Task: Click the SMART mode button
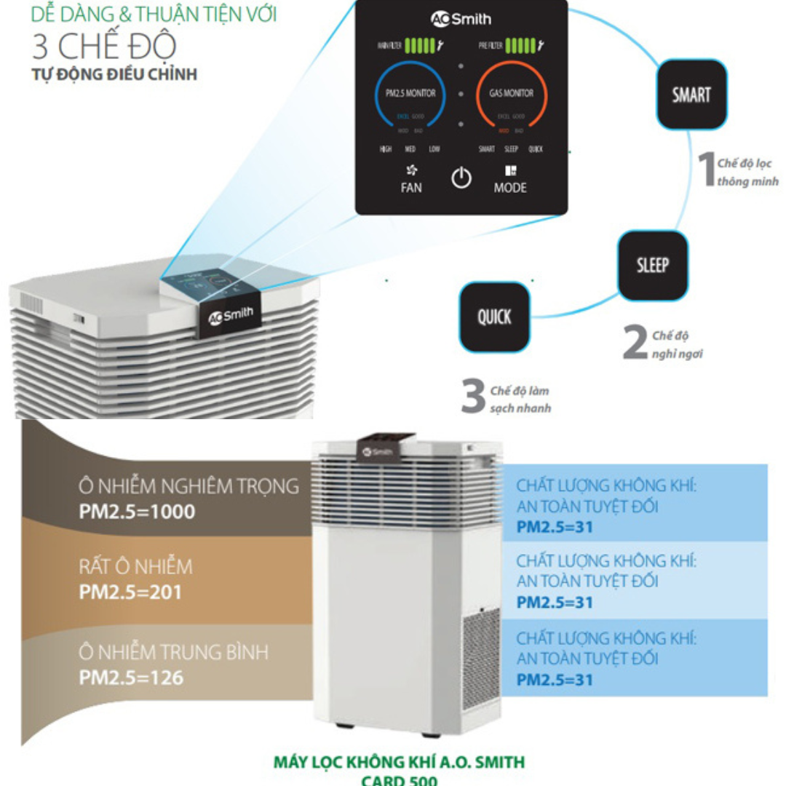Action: (691, 94)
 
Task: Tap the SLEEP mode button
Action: (652, 265)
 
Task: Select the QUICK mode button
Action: (494, 317)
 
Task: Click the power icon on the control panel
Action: (461, 178)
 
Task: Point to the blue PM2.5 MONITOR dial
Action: (410, 94)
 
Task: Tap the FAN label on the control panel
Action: (411, 187)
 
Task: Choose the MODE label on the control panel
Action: (509, 187)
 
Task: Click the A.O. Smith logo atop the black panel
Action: (461, 20)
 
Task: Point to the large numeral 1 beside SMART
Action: (706, 169)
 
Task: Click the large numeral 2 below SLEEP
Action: (635, 344)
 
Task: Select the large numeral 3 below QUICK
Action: (474, 397)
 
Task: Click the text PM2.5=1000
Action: (137, 512)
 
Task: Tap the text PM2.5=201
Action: (130, 592)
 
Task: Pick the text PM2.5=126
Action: (131, 678)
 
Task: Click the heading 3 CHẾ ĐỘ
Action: (104, 46)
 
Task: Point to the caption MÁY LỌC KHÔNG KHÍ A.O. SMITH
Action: (399, 762)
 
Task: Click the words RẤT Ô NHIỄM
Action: (135, 566)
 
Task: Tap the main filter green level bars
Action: (419, 47)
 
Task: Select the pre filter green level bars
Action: (520, 47)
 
